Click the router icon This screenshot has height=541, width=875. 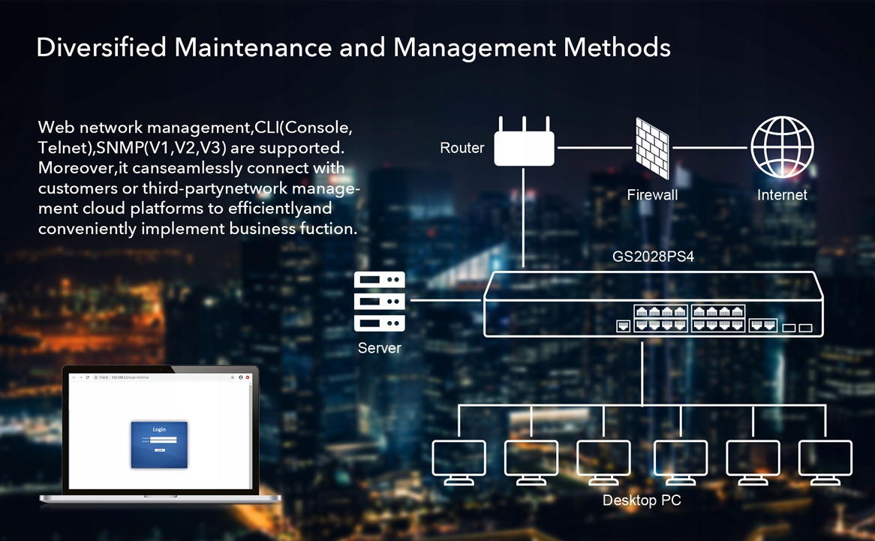(x=525, y=148)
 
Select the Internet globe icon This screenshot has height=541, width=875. (x=782, y=147)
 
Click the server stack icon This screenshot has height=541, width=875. (x=380, y=302)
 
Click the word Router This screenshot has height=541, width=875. (x=462, y=149)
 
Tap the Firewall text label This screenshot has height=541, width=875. (x=652, y=195)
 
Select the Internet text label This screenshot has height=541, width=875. (x=782, y=195)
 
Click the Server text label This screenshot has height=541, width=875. (x=379, y=348)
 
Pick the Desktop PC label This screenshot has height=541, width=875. (x=642, y=500)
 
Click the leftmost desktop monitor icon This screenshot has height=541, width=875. (x=459, y=461)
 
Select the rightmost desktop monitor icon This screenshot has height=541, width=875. (x=825, y=461)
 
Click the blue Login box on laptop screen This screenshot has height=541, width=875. (x=159, y=444)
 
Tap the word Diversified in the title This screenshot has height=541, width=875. (x=101, y=47)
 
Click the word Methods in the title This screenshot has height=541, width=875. (x=617, y=47)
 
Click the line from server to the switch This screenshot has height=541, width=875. (x=445, y=301)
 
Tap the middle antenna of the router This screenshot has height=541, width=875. (x=525, y=124)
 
